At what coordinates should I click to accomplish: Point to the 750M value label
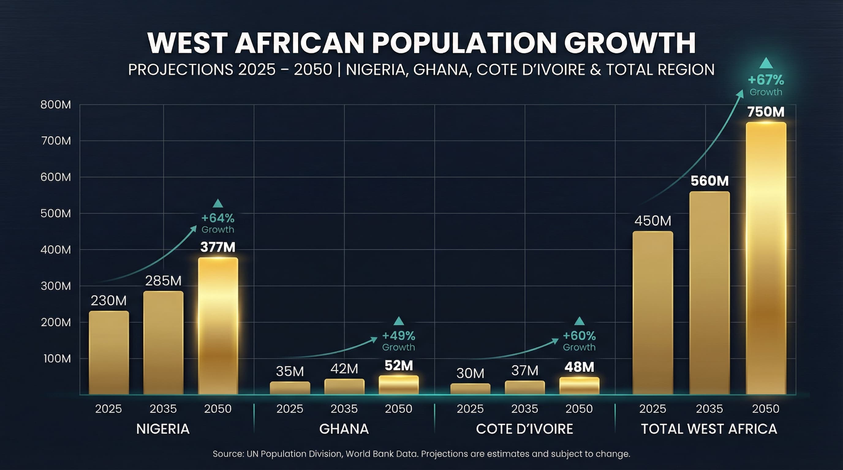click(766, 112)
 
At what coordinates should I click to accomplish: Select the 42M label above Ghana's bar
click(344, 369)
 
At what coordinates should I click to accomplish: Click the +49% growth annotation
click(398, 336)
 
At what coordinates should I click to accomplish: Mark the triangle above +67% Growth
click(766, 63)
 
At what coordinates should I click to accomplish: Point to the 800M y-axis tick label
click(56, 105)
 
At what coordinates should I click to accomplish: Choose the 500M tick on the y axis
click(56, 214)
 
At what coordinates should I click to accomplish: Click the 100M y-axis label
click(57, 359)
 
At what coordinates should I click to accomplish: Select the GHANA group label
click(344, 429)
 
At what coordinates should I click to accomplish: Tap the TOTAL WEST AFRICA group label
click(709, 429)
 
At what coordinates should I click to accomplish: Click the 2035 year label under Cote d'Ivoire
click(525, 409)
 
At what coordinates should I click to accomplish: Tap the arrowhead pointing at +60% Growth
click(555, 341)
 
